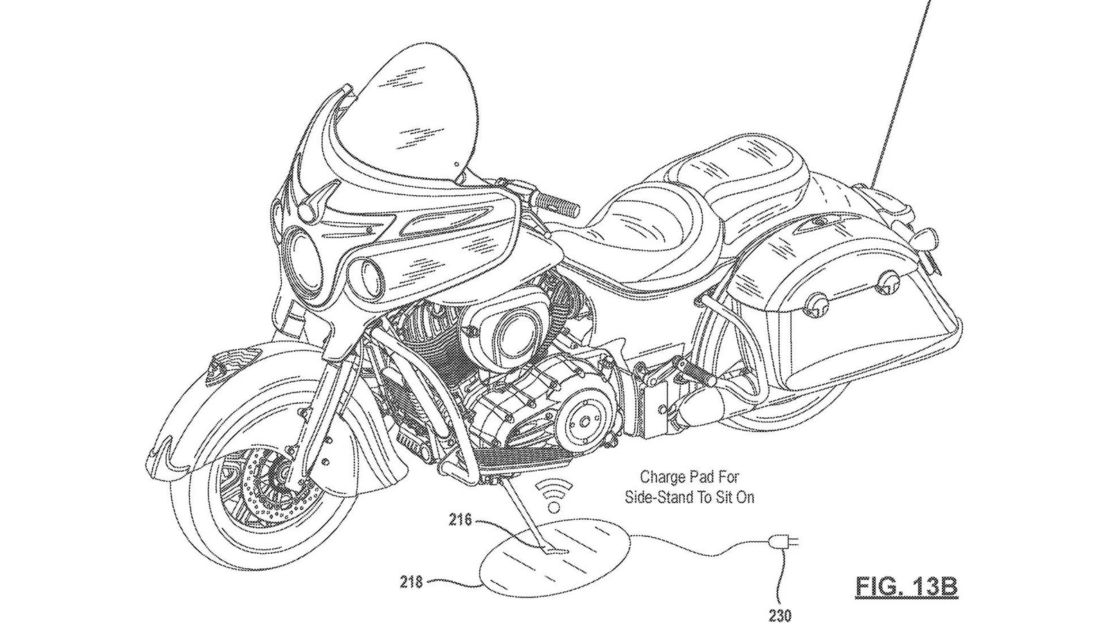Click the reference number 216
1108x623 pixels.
pyautogui.click(x=460, y=519)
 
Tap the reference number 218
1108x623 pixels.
pyautogui.click(x=411, y=582)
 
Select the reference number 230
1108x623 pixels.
pyautogui.click(x=780, y=615)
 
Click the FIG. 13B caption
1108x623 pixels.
pyautogui.click(x=906, y=587)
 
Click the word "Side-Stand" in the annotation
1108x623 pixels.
pyautogui.click(x=658, y=497)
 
